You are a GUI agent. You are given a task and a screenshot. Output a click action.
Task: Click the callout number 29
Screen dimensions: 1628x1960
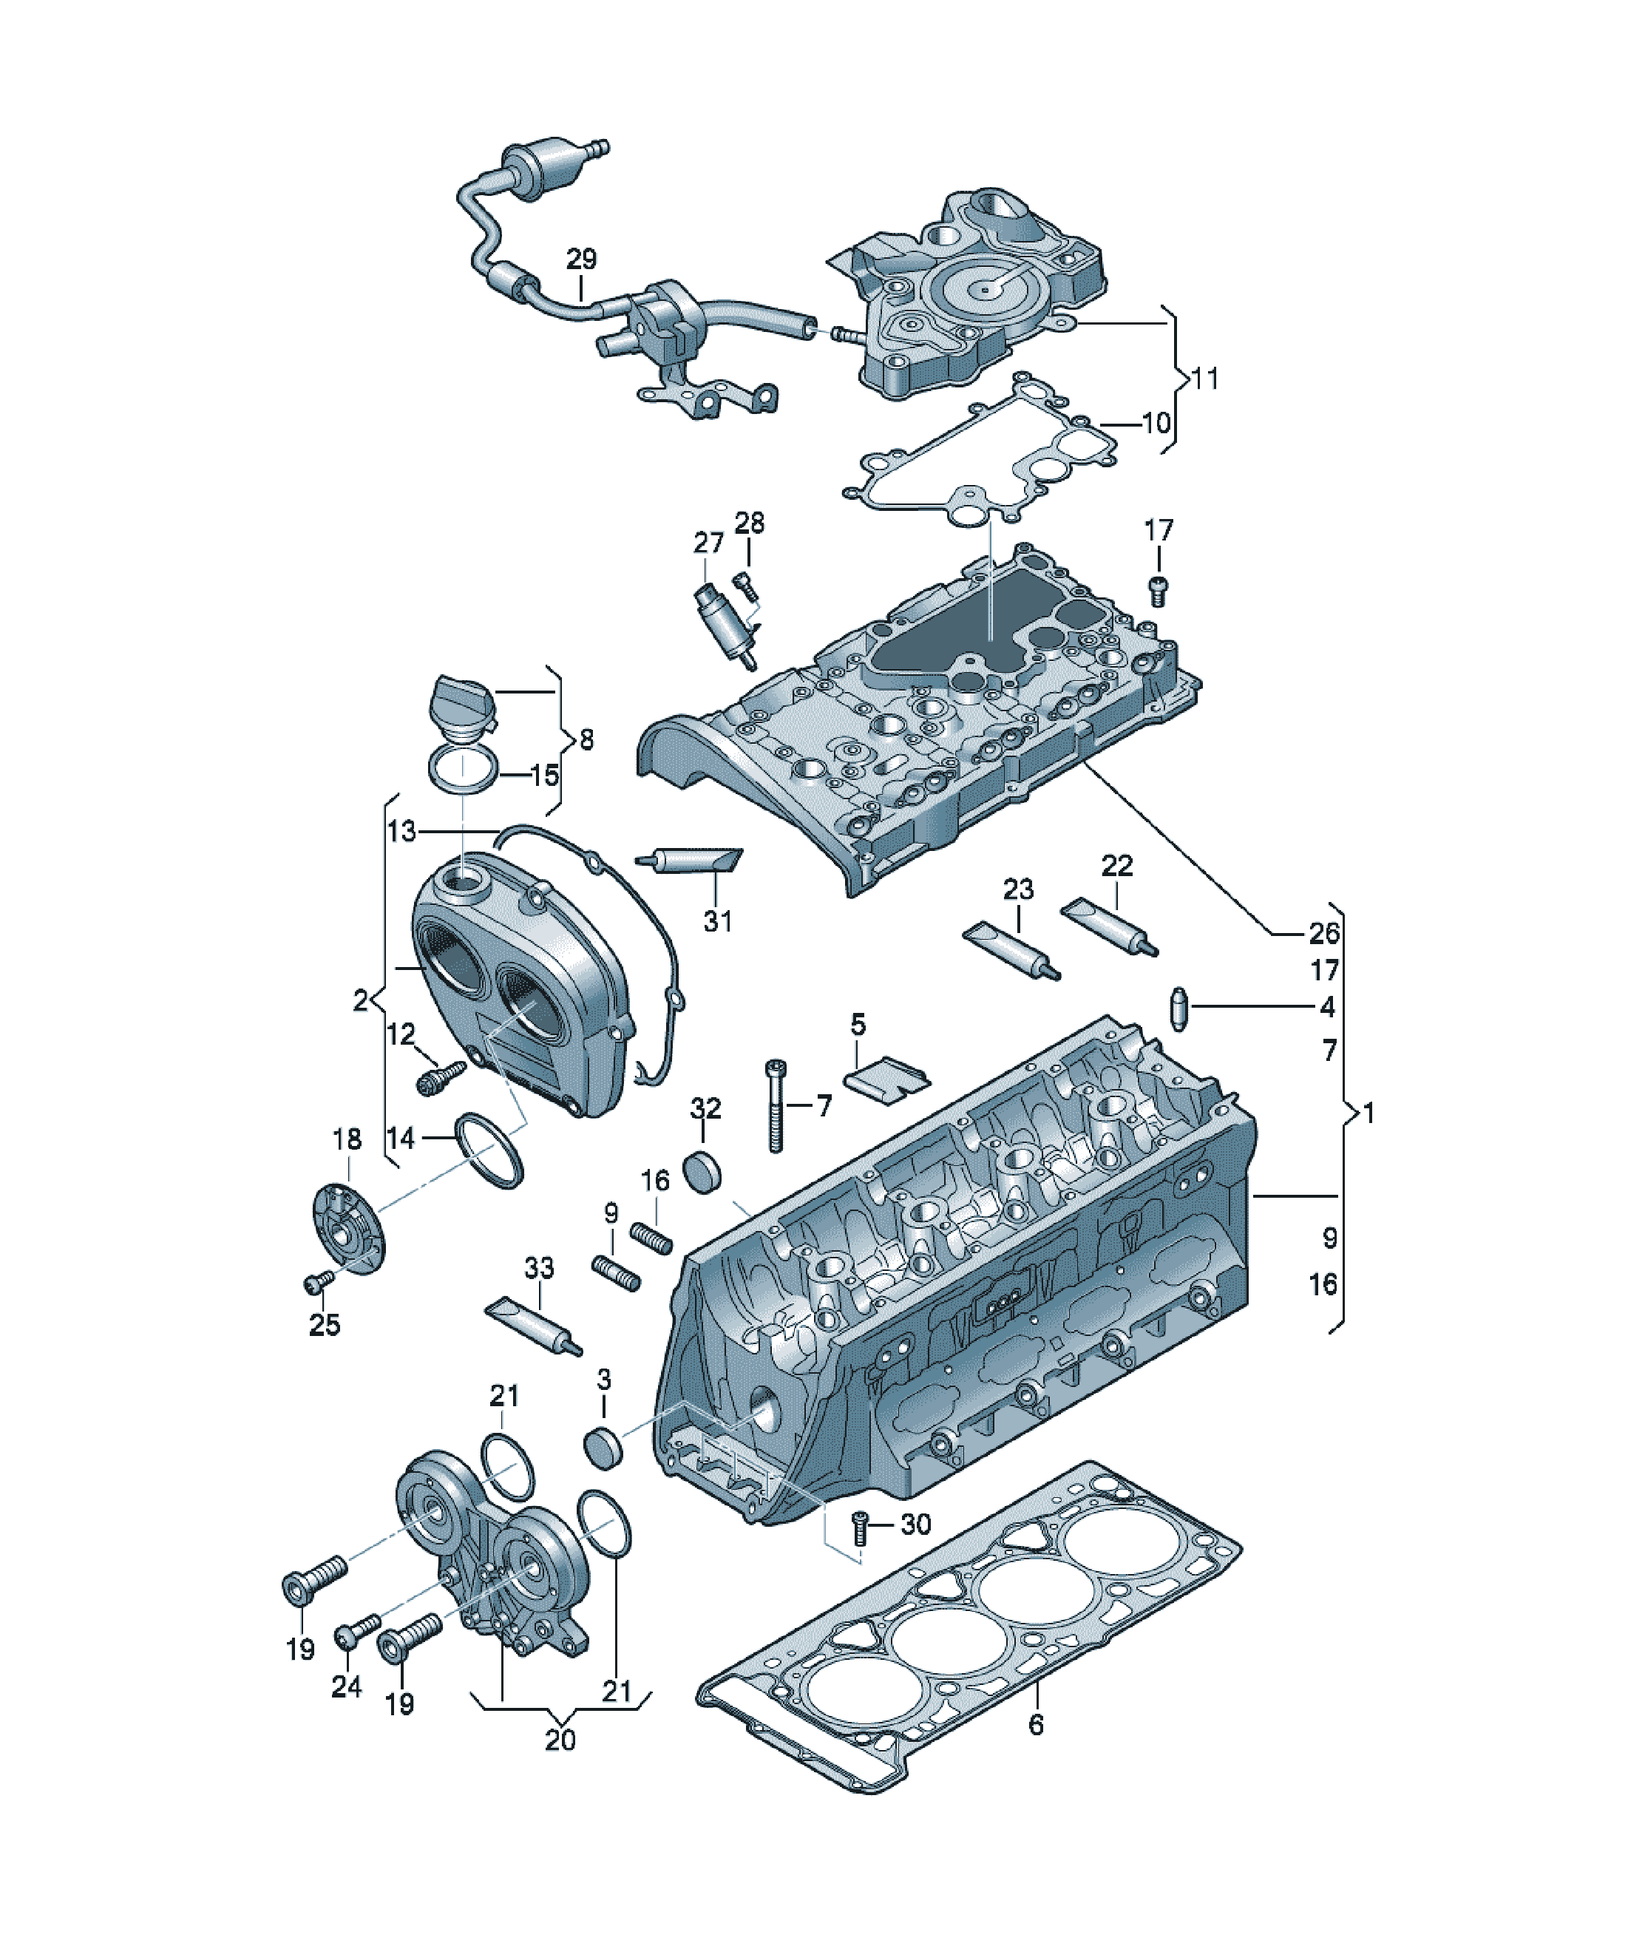click(x=580, y=259)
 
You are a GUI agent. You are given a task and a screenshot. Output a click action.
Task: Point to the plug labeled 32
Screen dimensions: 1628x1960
click(x=705, y=1173)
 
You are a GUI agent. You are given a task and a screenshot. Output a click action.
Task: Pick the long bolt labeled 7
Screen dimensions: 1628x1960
click(x=776, y=1105)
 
